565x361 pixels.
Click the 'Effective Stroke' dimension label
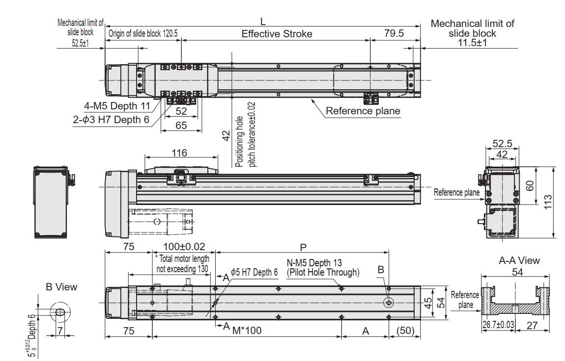click(x=277, y=34)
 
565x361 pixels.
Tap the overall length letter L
click(x=263, y=21)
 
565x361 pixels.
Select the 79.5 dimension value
click(x=394, y=33)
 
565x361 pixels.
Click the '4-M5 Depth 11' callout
click(x=117, y=106)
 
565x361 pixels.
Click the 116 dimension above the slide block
click(x=179, y=153)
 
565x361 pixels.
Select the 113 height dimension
click(x=548, y=203)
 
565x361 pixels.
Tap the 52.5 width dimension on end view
click(x=501, y=144)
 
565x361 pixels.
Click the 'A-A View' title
click(x=519, y=260)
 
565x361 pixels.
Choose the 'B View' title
click(x=61, y=286)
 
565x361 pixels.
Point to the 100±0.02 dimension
click(x=184, y=246)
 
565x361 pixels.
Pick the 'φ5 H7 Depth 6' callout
click(x=254, y=272)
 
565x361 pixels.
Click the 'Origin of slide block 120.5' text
click(x=143, y=34)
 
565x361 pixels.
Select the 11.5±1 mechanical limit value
click(x=472, y=43)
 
